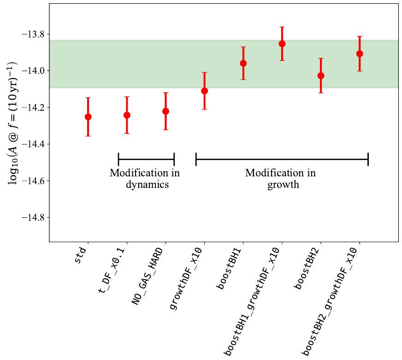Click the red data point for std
[88, 117]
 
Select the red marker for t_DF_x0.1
[127, 115]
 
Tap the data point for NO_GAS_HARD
[166, 111]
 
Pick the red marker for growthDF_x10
[204, 91]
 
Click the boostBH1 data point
[243, 63]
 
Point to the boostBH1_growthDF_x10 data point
[282, 44]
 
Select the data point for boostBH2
[321, 76]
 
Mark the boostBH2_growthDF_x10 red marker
[360, 54]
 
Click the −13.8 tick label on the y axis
[33, 35]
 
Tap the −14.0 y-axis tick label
[33, 71]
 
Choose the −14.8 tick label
[33, 217]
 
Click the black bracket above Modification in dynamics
[146, 159]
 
